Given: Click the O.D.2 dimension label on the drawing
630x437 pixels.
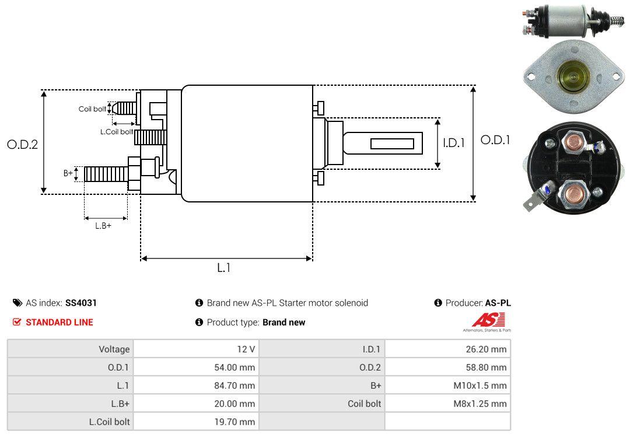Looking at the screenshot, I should (x=22, y=144).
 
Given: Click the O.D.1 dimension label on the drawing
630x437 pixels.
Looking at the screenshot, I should (x=495, y=140).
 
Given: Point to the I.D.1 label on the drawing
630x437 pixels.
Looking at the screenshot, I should (x=453, y=142).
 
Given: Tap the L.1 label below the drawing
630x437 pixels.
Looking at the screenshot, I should (x=225, y=268).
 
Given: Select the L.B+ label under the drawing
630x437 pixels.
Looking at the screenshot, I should (x=103, y=226).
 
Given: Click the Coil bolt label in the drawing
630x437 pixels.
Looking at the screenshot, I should (x=92, y=109).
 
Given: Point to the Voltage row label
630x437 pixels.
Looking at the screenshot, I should (x=114, y=349).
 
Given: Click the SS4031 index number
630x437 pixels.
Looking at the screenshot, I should (x=81, y=303).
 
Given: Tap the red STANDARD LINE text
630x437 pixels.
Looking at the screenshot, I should (x=59, y=322).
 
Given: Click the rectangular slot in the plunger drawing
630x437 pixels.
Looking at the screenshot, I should (x=392, y=144).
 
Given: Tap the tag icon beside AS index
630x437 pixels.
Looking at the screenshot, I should (x=17, y=303).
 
